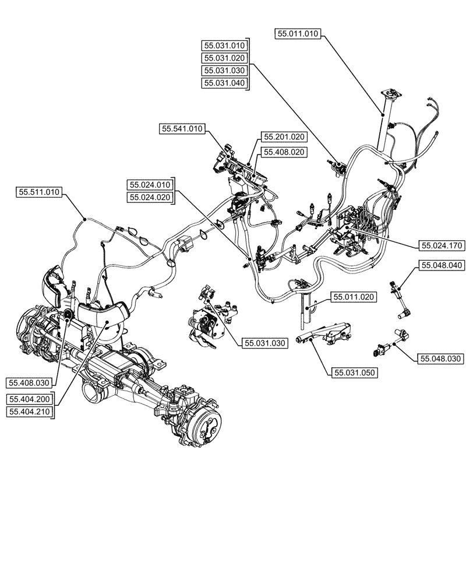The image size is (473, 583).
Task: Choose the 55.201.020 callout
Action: click(284, 137)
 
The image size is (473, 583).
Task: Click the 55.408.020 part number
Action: click(284, 152)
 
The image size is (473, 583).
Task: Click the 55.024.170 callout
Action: click(441, 245)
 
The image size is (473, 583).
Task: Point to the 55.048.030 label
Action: click(441, 359)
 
